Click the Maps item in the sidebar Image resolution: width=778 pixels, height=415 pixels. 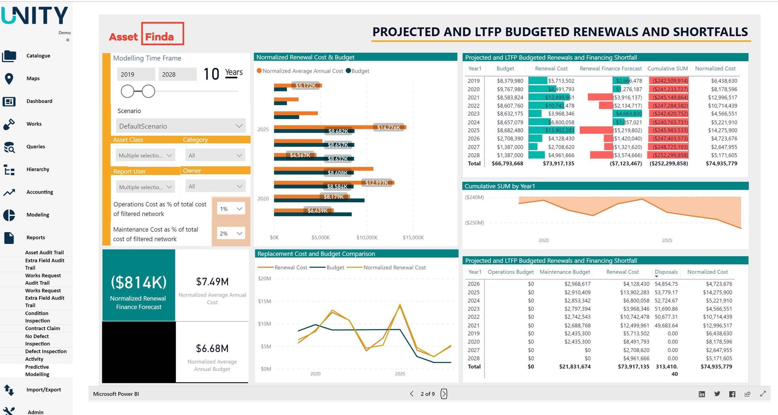click(x=33, y=79)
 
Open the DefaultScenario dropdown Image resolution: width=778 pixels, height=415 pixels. click(x=181, y=126)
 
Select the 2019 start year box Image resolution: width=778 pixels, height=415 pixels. click(x=136, y=75)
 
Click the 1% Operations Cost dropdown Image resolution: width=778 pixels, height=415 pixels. click(x=231, y=209)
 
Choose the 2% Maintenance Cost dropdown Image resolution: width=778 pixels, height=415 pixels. click(x=231, y=233)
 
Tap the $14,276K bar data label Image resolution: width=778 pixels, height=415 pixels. click(x=388, y=127)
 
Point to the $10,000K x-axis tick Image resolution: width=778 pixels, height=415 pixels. click(x=367, y=237)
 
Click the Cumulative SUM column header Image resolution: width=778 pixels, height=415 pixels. click(x=667, y=68)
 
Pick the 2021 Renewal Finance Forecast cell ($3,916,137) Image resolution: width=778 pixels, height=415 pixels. click(x=627, y=97)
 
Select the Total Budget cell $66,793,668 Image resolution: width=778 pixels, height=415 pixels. click(x=507, y=163)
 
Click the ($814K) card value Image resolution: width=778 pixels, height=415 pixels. click(x=139, y=282)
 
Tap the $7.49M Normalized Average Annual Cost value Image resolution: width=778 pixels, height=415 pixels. click(x=212, y=281)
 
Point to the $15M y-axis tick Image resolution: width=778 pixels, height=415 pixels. click(x=264, y=301)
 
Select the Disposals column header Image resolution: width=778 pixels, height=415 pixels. click(x=666, y=272)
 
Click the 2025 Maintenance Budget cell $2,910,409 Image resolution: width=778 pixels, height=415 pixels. click(x=577, y=292)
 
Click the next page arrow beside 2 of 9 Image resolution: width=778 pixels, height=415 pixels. click(x=444, y=394)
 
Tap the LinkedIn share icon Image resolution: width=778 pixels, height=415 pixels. click(x=702, y=394)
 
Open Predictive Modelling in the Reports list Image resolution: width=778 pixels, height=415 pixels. click(x=37, y=371)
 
